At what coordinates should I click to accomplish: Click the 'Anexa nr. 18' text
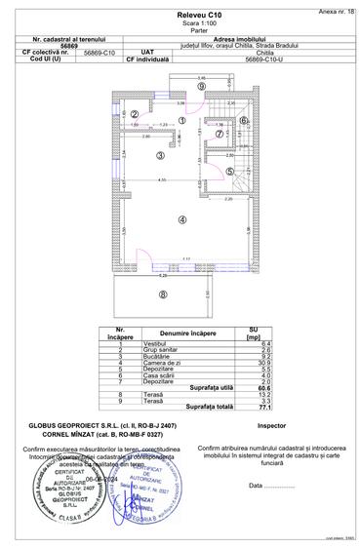[335, 6]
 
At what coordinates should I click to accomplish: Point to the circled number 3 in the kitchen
[160, 154]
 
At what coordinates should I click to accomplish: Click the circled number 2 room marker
[133, 114]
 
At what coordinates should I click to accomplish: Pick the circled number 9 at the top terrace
[200, 87]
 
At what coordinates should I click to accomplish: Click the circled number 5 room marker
[230, 171]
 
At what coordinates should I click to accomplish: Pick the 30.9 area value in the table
[241, 363]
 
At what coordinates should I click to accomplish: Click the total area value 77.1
[241, 406]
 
